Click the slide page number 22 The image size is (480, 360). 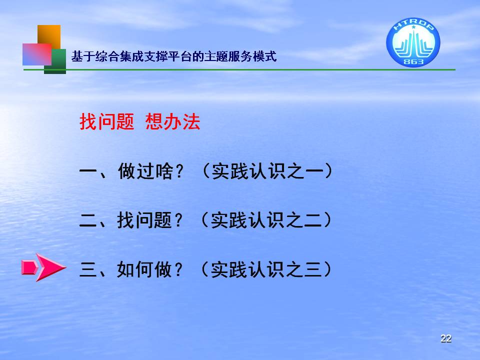click(446, 338)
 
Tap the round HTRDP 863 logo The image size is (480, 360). click(413, 42)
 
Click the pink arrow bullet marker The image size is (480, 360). click(43, 267)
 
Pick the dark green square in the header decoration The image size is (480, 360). click(55, 61)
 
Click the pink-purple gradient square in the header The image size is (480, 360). click(37, 54)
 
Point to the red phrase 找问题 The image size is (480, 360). click(107, 121)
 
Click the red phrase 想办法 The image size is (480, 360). click(173, 121)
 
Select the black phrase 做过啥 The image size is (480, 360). click(145, 171)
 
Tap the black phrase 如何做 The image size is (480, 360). click(144, 269)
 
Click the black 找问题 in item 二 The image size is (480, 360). click(144, 220)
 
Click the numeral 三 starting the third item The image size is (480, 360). click(88, 269)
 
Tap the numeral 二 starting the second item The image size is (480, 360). click(88, 220)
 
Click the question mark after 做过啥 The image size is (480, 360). click(179, 171)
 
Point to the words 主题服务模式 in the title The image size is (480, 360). click(240, 56)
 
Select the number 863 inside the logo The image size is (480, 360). click(413, 61)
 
